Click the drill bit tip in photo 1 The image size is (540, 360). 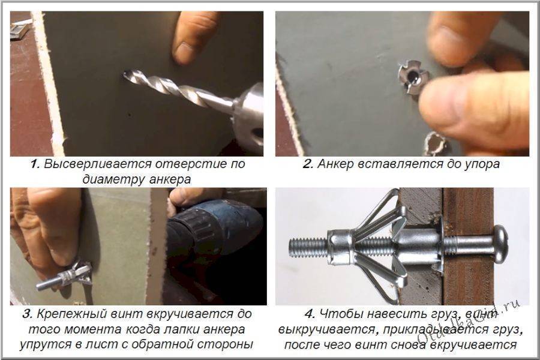(x=125, y=74)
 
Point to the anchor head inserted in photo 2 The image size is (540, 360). (x=413, y=78)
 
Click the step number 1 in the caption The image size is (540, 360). (x=34, y=164)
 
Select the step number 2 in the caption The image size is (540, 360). (x=308, y=164)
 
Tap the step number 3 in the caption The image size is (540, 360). (x=28, y=314)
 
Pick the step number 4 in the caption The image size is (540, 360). (x=310, y=314)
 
